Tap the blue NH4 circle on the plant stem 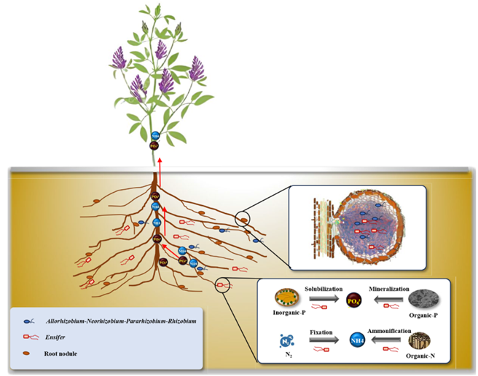pos(154,136)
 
